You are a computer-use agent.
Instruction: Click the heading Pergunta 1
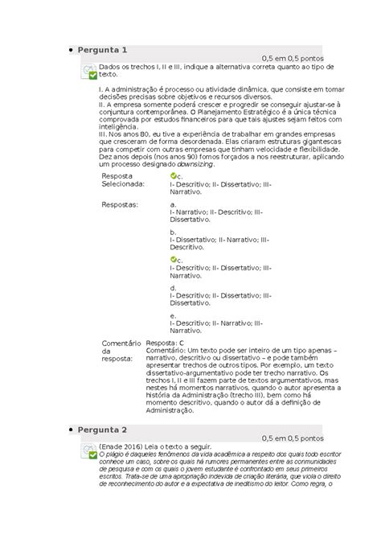pos(109,50)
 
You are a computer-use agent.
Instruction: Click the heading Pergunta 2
pos(109,429)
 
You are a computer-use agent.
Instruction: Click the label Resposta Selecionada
pos(124,179)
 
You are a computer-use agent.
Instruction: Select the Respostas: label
pos(120,205)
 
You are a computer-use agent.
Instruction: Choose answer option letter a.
pos(173,205)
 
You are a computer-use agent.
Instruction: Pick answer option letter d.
pos(173,287)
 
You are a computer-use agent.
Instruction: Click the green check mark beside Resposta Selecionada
pos(174,175)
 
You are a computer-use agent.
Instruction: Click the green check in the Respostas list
pos(174,260)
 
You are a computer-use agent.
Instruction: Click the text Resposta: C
pos(159,343)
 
